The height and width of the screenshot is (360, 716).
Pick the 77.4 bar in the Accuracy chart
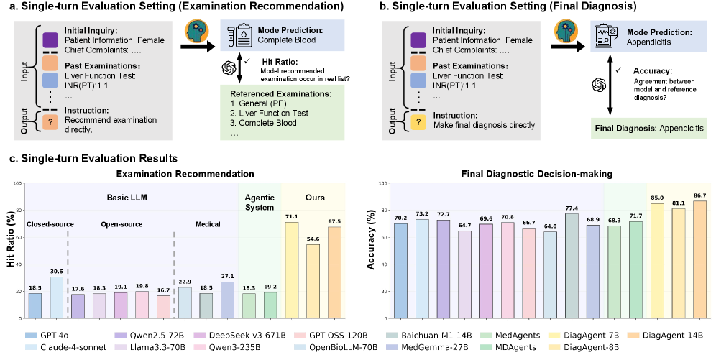click(x=571, y=266)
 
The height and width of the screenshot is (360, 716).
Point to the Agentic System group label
click(x=260, y=202)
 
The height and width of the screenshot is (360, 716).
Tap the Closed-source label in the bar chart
click(x=50, y=223)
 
